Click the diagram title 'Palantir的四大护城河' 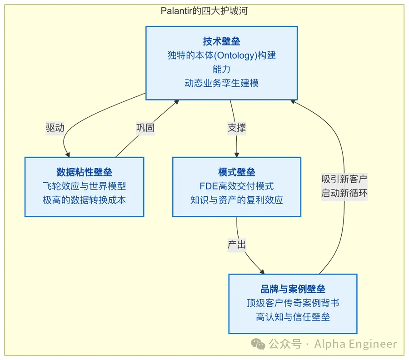[x=204, y=11]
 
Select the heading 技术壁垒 [x=221, y=42]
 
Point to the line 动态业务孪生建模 [x=221, y=84]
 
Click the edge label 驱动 [x=55, y=128]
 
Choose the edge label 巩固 [x=145, y=128]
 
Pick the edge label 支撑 [x=236, y=128]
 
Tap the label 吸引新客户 [x=344, y=179]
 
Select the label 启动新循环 [x=344, y=193]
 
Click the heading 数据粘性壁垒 [x=84, y=172]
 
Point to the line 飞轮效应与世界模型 [x=84, y=186]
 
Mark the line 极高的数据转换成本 [x=84, y=200]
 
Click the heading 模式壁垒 [x=236, y=172]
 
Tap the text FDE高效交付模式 [x=236, y=186]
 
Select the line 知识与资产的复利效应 [x=236, y=200]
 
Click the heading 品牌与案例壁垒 [x=293, y=289]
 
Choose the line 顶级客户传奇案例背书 [x=293, y=303]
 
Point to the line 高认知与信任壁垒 [x=293, y=317]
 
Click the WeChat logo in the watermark [x=259, y=344]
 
